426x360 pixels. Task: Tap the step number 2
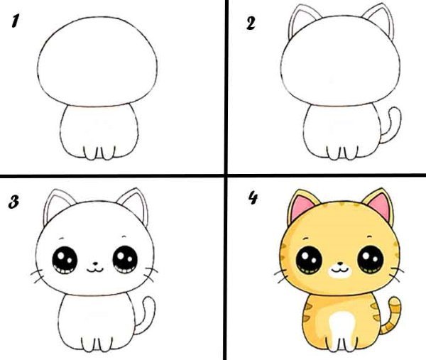[x=251, y=23]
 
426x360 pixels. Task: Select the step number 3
[x=13, y=203]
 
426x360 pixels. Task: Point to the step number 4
[x=251, y=199]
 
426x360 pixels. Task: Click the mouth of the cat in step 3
[x=94, y=269]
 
